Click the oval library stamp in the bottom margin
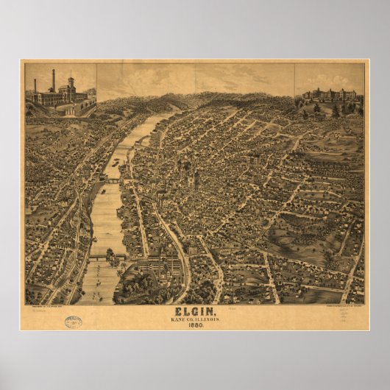coord(74,322)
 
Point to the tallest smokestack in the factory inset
coord(53,80)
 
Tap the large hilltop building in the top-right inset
coord(329,96)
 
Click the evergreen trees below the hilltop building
coord(335,110)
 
